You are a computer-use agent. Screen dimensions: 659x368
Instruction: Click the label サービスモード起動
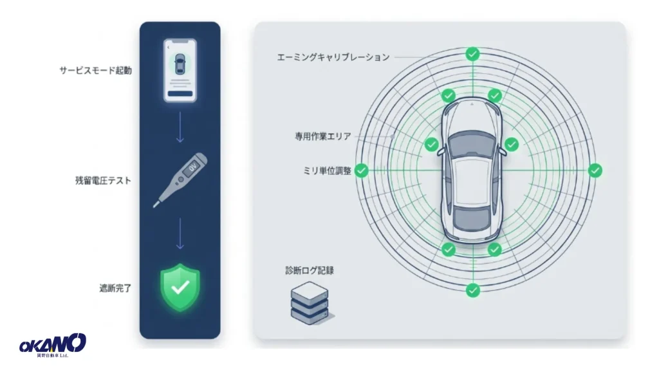click(95, 70)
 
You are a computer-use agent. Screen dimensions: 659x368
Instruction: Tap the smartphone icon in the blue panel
click(180, 70)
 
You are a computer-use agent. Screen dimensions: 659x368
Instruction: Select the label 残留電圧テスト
click(103, 180)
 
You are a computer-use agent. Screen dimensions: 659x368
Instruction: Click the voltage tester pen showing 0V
click(180, 179)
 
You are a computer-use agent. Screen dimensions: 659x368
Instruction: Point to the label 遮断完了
click(115, 288)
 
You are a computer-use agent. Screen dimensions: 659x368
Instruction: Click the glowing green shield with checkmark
click(180, 288)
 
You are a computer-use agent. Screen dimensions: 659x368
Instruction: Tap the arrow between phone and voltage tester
click(180, 127)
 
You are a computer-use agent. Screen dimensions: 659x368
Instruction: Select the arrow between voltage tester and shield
click(180, 234)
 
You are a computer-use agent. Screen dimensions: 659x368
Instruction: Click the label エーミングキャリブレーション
click(333, 57)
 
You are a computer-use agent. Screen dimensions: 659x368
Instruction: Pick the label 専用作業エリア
click(323, 136)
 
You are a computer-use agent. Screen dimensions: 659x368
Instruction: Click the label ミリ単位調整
click(327, 170)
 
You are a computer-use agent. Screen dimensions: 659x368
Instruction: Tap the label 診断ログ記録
click(310, 270)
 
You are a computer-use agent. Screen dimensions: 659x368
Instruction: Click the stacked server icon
click(310, 303)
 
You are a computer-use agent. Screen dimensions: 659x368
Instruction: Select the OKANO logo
click(53, 345)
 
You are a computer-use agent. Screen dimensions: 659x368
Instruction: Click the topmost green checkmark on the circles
click(473, 54)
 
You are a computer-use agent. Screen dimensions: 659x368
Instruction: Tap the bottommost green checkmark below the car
click(473, 290)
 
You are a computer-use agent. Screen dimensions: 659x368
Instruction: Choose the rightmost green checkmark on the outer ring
click(595, 170)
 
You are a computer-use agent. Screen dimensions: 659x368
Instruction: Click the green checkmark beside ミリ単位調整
click(362, 170)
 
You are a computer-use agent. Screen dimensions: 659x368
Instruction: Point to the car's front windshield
click(472, 143)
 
